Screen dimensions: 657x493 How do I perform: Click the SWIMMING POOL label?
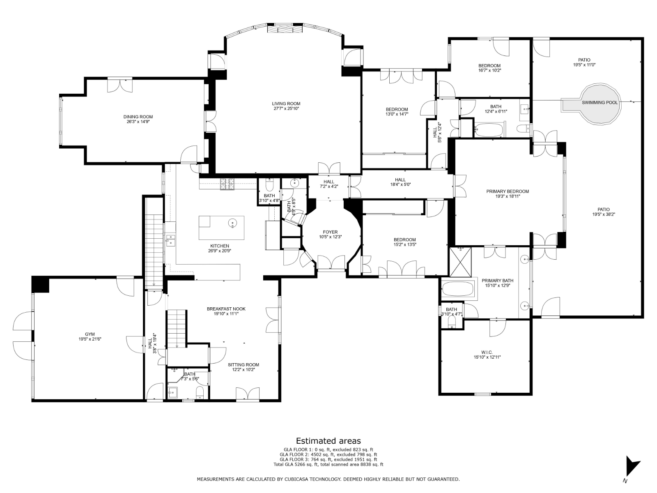click(599, 102)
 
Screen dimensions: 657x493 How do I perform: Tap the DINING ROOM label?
click(138, 117)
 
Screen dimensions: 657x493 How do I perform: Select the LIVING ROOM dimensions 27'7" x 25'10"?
click(286, 108)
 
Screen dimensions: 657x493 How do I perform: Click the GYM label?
click(90, 334)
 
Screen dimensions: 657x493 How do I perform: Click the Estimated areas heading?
click(328, 440)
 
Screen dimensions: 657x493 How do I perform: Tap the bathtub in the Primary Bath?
click(457, 289)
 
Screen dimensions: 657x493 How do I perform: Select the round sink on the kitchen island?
click(233, 223)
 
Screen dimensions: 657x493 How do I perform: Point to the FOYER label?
click(330, 232)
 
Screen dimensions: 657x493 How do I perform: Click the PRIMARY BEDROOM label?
click(508, 191)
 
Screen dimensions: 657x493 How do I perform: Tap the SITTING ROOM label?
click(244, 364)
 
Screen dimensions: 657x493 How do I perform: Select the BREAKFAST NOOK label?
click(226, 309)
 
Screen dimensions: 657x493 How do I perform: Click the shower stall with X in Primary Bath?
click(460, 262)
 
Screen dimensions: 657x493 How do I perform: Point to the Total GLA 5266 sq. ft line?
click(328, 464)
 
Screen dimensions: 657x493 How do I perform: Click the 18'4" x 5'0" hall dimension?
click(400, 184)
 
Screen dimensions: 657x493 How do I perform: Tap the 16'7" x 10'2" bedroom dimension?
click(489, 70)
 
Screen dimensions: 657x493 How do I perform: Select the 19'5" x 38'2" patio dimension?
click(604, 214)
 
